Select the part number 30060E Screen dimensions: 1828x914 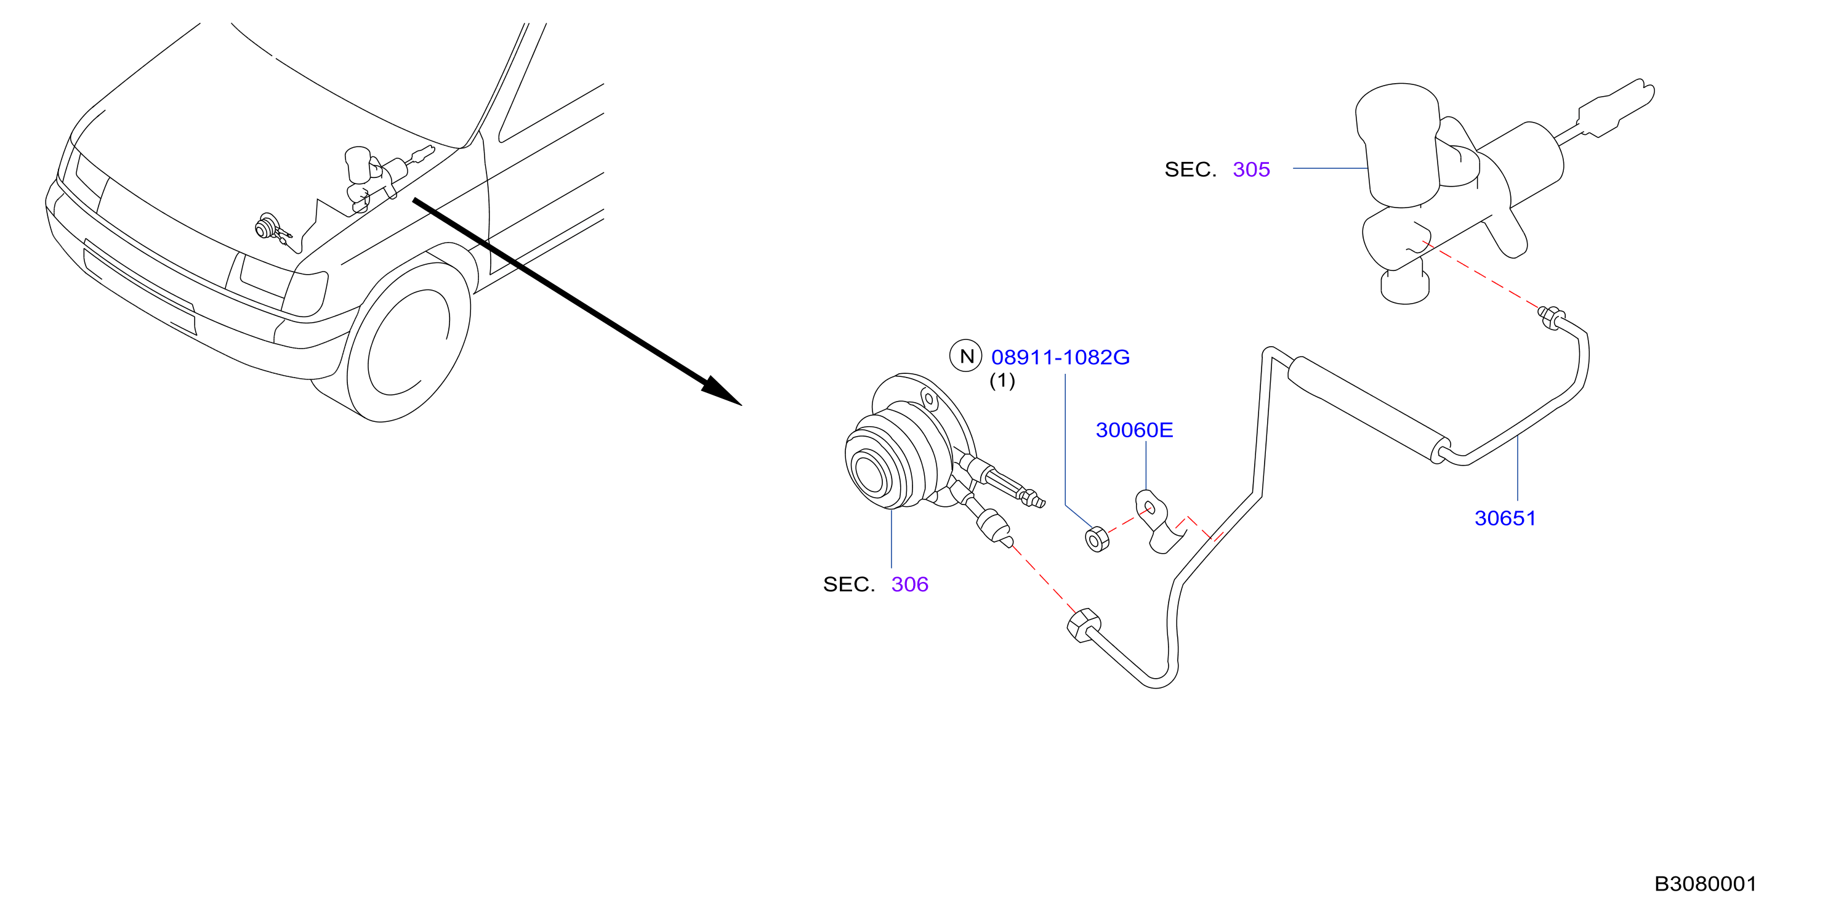coord(1134,430)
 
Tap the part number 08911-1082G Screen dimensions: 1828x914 coord(1060,357)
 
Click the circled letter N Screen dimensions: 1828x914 coord(966,355)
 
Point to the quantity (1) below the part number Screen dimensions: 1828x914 coord(1002,381)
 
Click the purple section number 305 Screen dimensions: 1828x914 coord(1251,169)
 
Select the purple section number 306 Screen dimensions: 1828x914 coord(910,584)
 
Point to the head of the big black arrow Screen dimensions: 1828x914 coord(720,390)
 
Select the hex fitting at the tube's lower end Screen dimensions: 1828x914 coord(1084,625)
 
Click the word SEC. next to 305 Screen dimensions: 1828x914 coord(1190,169)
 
